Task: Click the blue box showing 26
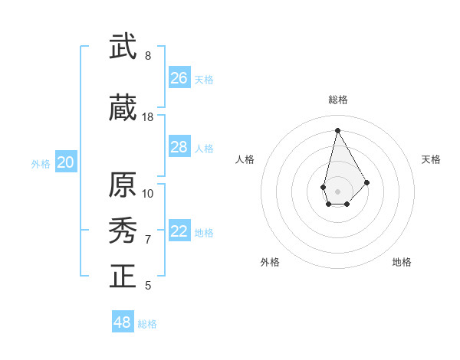tap(179, 78)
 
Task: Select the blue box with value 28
tap(179, 147)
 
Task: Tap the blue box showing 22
tap(179, 232)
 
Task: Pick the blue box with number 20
tap(66, 162)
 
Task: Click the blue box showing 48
tap(123, 322)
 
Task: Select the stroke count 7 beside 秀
tap(148, 240)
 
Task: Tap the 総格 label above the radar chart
tap(337, 100)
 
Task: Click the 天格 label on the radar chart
tap(431, 159)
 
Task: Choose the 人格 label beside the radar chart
tap(245, 159)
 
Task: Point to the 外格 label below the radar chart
tap(270, 262)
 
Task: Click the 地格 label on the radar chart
tap(402, 262)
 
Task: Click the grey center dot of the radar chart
tap(337, 190)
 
